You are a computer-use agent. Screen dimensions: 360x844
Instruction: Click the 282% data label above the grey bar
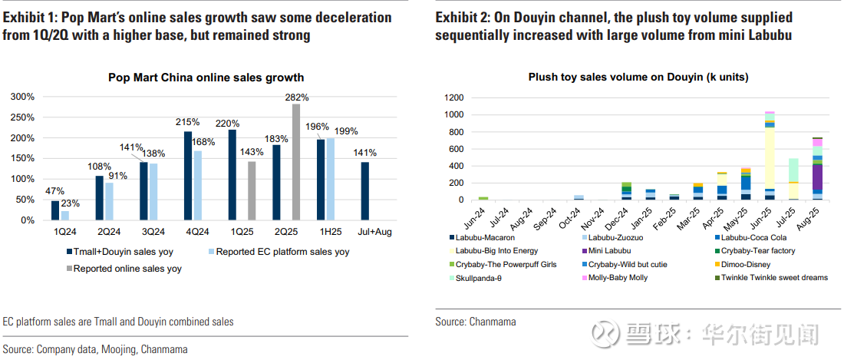pyautogui.click(x=297, y=97)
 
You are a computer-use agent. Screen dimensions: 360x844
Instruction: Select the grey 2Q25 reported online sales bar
pyautogui.click(x=296, y=162)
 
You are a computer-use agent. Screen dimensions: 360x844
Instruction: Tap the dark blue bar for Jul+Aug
pyautogui.click(x=365, y=191)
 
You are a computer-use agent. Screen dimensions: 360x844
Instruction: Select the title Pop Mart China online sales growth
pyautogui.click(x=206, y=77)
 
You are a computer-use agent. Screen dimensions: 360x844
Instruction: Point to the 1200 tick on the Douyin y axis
pyautogui.click(x=454, y=97)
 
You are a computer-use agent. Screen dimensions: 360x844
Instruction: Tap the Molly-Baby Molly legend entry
pyautogui.click(x=618, y=278)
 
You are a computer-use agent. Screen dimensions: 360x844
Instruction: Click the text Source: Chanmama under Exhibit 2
pyautogui.click(x=476, y=322)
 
